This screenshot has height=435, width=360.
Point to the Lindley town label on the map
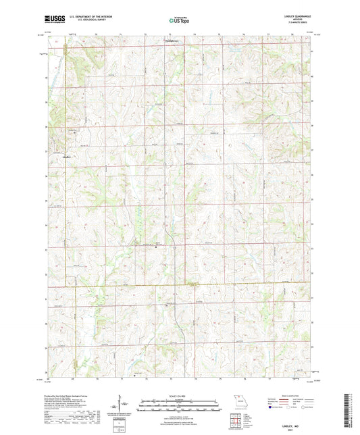coord(66,158)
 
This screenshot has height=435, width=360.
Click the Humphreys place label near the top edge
coord(174,40)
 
